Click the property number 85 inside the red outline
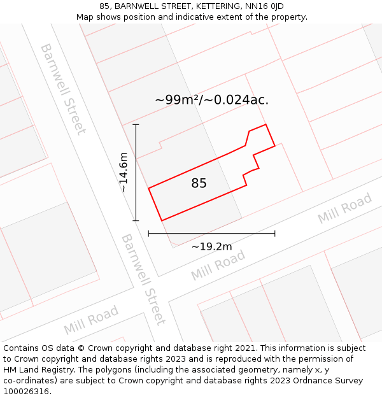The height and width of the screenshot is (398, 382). click(x=199, y=183)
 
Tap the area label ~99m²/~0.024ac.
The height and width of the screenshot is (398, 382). click(x=211, y=100)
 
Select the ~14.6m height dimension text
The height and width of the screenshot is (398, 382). click(x=124, y=173)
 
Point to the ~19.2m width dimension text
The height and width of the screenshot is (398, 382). click(x=211, y=246)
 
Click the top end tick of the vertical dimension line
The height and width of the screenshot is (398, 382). click(x=136, y=125)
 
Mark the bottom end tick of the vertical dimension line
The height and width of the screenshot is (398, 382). click(x=136, y=221)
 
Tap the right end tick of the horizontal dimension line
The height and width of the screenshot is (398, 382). click(x=275, y=234)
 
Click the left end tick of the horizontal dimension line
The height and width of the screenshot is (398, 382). click(x=148, y=234)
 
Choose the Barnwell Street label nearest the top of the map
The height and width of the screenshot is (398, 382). click(x=62, y=89)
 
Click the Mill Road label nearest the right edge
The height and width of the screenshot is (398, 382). click(x=344, y=209)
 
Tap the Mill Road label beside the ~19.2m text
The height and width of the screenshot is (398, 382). click(x=218, y=266)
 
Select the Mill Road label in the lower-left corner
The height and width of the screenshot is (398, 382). click(x=91, y=320)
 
